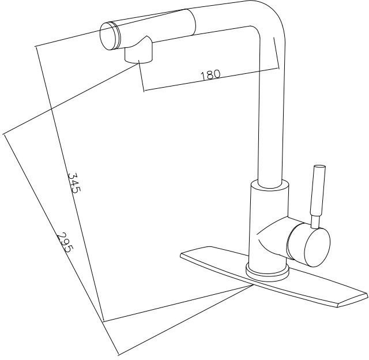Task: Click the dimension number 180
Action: (210, 75)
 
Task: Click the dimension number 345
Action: (74, 183)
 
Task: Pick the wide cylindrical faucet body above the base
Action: (268, 224)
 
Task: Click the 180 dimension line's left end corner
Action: (144, 91)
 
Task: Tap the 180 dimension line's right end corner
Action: (278, 68)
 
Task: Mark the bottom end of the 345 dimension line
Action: (103, 321)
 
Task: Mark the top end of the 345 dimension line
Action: (36, 47)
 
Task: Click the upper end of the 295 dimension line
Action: (3, 134)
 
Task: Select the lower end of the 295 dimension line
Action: (118, 355)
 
